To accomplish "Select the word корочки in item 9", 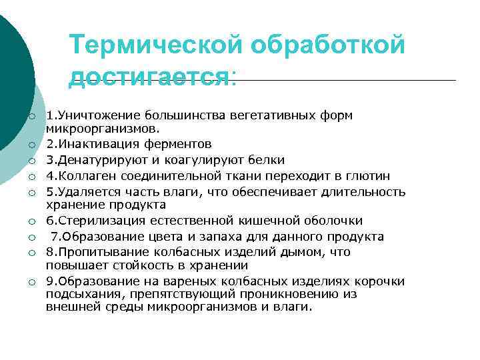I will tap(383, 281).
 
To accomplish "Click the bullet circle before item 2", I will tap(31, 144).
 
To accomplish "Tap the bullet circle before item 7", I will tap(31, 237).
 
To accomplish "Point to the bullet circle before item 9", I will tap(31, 282).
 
